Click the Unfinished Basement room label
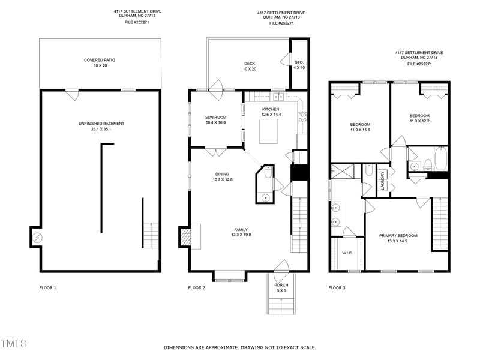click(101, 124)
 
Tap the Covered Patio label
click(100, 60)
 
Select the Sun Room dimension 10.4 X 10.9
click(216, 123)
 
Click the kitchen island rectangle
click(268, 131)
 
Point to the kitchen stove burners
click(302, 118)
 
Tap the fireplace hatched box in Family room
click(186, 237)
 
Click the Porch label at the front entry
click(281, 285)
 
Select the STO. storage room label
click(299, 62)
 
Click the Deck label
click(250, 64)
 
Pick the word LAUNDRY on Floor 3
click(383, 181)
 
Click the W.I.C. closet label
click(347, 253)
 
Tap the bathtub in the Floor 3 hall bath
click(440, 158)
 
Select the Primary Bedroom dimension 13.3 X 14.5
click(398, 241)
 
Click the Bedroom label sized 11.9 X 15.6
click(360, 125)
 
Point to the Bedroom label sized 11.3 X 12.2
click(419, 116)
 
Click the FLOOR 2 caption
click(197, 288)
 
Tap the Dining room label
click(222, 174)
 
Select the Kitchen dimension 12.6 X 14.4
click(271, 115)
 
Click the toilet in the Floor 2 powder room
click(268, 173)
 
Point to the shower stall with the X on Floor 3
click(342, 172)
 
